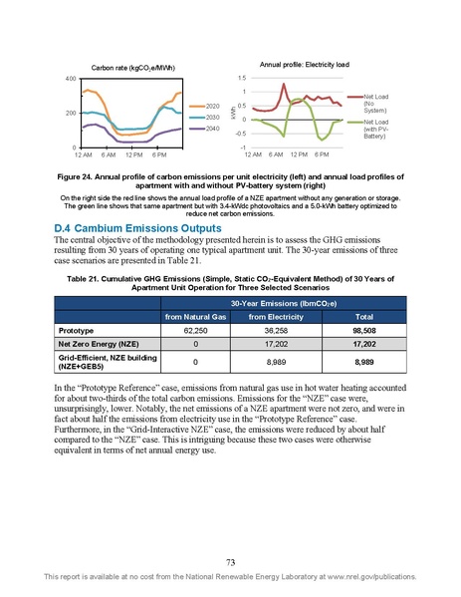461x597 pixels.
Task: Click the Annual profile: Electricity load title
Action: click(315, 62)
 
